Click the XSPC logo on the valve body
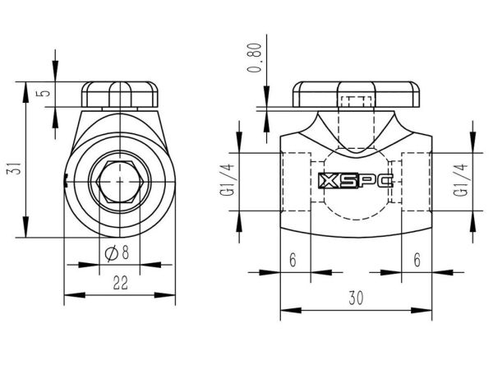click(x=356, y=181)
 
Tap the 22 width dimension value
click(x=121, y=283)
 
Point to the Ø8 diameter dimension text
click(x=117, y=253)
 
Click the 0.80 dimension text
click(x=255, y=58)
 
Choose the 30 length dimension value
click(x=356, y=298)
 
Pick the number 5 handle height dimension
click(x=45, y=93)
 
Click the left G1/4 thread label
click(x=228, y=179)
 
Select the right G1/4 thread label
click(x=462, y=179)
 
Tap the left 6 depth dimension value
click(x=293, y=260)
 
